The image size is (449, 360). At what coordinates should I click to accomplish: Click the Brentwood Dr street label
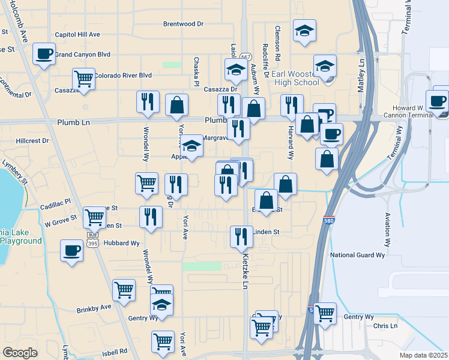tap(184, 24)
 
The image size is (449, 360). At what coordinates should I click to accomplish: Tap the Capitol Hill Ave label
tap(77, 35)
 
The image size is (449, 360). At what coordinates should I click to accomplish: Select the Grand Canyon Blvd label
tap(83, 54)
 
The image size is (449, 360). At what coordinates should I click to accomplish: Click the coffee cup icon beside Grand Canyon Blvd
tap(44, 54)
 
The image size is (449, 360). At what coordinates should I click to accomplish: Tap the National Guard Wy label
tap(358, 255)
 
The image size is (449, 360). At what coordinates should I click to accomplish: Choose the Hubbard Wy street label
tap(121, 244)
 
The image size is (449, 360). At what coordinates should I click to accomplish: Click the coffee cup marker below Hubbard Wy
tap(71, 250)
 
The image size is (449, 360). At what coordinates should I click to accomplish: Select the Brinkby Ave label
tap(94, 308)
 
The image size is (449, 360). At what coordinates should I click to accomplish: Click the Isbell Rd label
tap(115, 352)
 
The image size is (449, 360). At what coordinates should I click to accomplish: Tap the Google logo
tap(20, 353)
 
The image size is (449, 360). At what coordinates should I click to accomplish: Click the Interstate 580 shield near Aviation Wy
tap(329, 221)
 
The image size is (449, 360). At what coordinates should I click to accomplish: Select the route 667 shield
tap(245, 57)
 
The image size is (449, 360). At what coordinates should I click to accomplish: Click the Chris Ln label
tap(385, 326)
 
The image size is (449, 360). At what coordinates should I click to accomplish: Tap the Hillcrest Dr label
tap(33, 140)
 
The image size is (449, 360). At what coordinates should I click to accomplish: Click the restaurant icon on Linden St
tap(241, 236)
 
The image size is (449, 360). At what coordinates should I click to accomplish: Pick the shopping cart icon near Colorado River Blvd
tap(83, 78)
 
